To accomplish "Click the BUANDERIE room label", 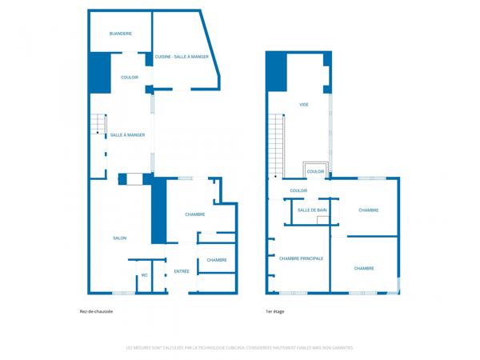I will click(x=121, y=34).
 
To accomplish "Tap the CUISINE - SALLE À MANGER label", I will click(x=182, y=57).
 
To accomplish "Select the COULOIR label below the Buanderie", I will click(x=130, y=78).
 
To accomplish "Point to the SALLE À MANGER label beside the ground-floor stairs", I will click(x=127, y=135).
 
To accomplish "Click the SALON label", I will click(x=119, y=238).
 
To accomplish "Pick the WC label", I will click(x=145, y=275).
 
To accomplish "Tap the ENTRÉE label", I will click(x=182, y=271).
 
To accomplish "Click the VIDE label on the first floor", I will click(x=304, y=105).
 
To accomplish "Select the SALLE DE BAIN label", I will click(x=312, y=210).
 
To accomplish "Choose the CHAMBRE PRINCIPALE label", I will click(x=301, y=258).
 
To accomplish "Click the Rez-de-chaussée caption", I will click(x=96, y=312).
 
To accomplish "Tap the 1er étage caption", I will click(x=274, y=312).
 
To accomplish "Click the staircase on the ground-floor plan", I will click(x=98, y=124).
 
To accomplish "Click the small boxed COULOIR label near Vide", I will click(x=315, y=171).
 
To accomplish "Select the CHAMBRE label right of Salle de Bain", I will click(x=368, y=210).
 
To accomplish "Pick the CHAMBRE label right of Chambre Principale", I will click(x=364, y=269).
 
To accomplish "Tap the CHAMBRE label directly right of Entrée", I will click(x=217, y=260).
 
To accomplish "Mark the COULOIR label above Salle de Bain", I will click(x=298, y=190).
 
